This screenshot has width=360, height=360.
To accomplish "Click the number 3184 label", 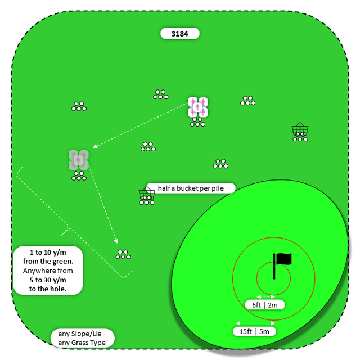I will pos(180,34).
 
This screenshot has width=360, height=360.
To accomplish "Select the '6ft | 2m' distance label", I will pos(265,305).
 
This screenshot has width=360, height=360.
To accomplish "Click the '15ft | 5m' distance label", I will pos(254,331).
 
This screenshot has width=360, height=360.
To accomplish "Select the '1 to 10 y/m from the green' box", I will pos(48,269).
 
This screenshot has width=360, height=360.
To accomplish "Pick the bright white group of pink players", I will pos(198,107).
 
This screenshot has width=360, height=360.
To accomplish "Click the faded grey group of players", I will pos(79,160).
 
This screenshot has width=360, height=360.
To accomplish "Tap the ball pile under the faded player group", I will pos(79,176).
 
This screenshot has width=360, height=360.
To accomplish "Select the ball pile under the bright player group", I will pos(198,122).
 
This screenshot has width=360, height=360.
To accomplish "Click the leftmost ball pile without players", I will pos(79,106).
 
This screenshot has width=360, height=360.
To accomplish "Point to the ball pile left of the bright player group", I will pos(161,94).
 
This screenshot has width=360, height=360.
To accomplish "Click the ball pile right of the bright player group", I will pos(247,101).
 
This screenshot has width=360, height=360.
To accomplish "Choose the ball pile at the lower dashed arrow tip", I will pos(123,254).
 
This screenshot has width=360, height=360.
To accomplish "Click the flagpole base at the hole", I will pos(274,277).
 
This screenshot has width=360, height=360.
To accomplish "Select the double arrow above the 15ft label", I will pos(255,323).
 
